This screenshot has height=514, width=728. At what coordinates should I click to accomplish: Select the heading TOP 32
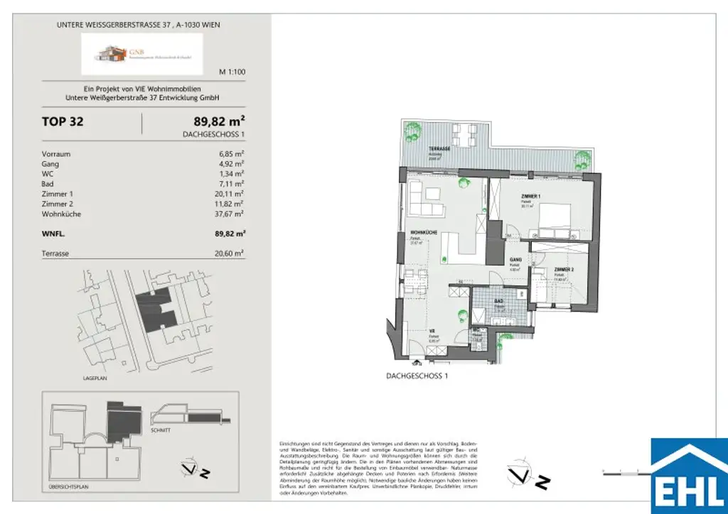click(63, 121)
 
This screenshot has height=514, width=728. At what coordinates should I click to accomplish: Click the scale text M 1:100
click(232, 72)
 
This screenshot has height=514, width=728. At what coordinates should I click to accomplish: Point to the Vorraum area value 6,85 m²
click(232, 153)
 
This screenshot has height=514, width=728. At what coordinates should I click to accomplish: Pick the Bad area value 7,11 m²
click(232, 183)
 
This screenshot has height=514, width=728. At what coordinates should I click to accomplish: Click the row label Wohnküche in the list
click(62, 213)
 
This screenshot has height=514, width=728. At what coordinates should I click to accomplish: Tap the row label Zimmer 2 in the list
click(58, 203)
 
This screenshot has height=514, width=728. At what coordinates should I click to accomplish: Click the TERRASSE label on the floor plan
click(439, 149)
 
